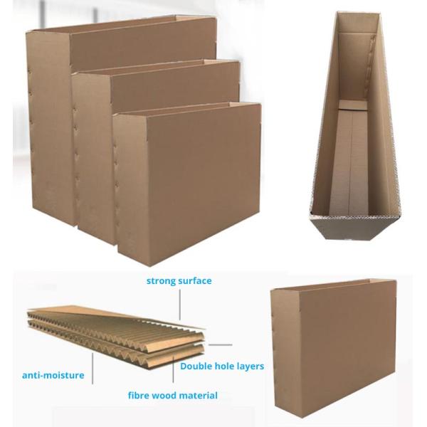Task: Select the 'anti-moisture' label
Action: [x=53, y=375]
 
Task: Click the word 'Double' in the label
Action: [x=196, y=366]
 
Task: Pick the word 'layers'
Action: [x=249, y=367]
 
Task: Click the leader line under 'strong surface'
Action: [x=180, y=305]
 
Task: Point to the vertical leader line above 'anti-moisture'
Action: [x=93, y=368]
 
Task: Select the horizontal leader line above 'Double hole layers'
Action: [x=221, y=344]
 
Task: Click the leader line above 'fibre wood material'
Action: [x=173, y=368]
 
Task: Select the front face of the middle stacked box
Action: [x=176, y=85]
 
